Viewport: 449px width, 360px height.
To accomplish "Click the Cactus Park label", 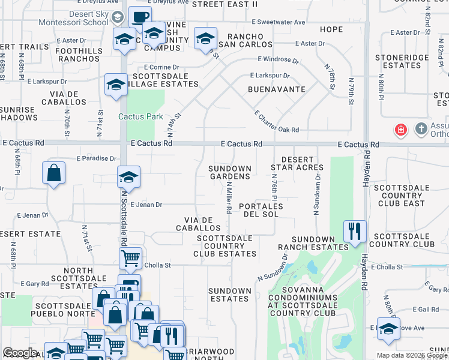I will point(140,116).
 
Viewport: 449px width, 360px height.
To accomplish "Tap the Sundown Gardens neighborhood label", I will point(230,172).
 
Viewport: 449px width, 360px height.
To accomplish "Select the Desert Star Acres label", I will point(297,163).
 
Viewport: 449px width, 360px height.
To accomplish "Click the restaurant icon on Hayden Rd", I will point(354,230).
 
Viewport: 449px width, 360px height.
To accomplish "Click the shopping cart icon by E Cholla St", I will point(130,258).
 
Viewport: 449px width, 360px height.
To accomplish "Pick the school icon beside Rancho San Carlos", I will point(205,39).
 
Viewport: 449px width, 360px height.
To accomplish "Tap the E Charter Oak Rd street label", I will point(277,121).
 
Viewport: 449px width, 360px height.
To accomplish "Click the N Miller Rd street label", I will point(229,199).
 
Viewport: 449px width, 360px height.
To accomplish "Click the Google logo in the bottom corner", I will point(20,353).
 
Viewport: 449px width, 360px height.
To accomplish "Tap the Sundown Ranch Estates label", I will point(313,243).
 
